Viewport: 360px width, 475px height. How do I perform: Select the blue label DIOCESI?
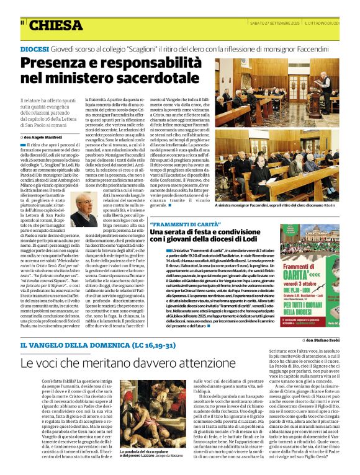pos(34,49)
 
